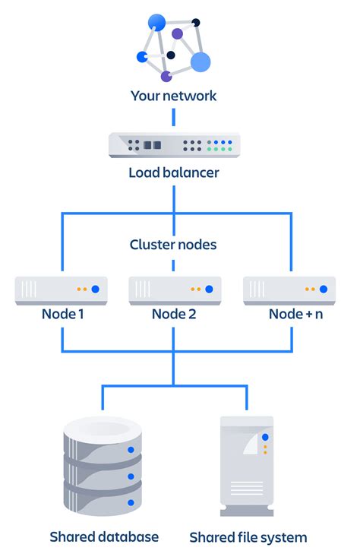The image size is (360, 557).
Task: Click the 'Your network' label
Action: pos(174,97)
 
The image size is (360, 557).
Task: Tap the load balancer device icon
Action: pos(174,144)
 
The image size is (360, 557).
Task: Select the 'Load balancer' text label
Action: pos(174,172)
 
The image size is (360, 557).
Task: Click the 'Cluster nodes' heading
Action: pos(174,245)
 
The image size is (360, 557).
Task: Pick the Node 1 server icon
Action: pos(61,289)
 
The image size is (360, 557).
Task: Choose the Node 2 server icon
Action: pos(175,289)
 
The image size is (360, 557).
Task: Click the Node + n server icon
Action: pos(289,289)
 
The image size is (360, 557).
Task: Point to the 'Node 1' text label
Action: pos(61,313)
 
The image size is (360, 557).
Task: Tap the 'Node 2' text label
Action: pos(175,313)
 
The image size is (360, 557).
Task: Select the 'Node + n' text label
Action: pos(295,313)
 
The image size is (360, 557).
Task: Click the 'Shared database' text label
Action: pos(104,536)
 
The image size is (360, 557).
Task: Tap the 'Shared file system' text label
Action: pos(248,537)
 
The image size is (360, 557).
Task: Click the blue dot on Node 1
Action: pos(95,289)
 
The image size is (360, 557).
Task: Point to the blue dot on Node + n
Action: pos(324,289)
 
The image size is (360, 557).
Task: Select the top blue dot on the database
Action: pos(131,451)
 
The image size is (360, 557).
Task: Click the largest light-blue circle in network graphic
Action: pos(200,62)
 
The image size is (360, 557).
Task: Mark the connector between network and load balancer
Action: pos(174,116)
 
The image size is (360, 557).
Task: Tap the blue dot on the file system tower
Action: pos(265,437)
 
